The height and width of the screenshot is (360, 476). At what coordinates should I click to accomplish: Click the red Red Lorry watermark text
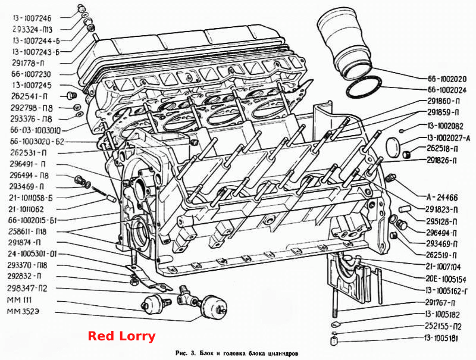click(121, 336)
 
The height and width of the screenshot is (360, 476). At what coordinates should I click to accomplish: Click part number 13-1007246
click(32, 18)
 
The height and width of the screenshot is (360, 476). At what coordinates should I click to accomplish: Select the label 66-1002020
click(447, 79)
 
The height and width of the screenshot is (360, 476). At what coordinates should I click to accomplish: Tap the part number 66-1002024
click(447, 90)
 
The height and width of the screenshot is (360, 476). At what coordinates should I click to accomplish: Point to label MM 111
click(19, 300)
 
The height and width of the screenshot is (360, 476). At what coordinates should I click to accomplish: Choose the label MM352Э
click(23, 312)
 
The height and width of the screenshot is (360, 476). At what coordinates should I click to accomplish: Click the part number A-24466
click(442, 198)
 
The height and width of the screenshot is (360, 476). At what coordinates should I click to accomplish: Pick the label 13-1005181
click(441, 338)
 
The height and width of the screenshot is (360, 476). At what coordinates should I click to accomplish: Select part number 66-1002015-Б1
click(33, 220)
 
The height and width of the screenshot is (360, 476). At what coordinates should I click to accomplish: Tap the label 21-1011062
click(26, 209)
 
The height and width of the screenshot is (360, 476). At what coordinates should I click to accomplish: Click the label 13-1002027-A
click(449, 138)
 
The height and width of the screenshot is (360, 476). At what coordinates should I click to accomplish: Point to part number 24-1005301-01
click(32, 253)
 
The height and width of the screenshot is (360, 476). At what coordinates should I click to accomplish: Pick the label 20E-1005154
click(446, 279)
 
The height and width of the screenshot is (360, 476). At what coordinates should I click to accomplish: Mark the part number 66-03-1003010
click(35, 130)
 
